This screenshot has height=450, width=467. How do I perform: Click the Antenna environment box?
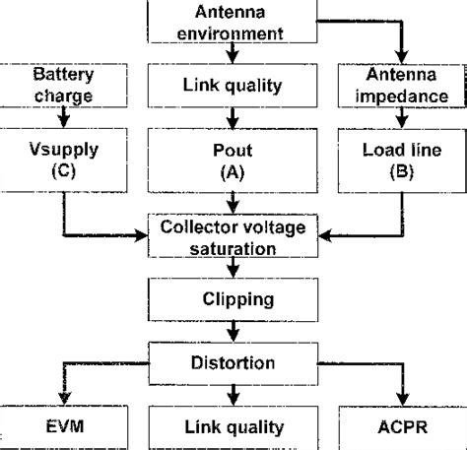point(233,22)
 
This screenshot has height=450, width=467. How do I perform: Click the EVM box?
point(64,427)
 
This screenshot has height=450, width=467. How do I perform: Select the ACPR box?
point(401,427)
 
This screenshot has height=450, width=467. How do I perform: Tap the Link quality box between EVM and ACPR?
point(233,427)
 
